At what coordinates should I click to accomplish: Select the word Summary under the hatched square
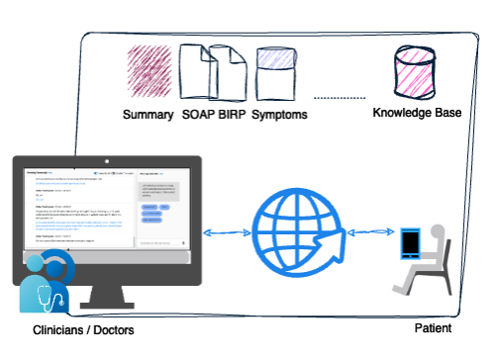(147, 115)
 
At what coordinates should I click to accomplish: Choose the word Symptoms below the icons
(279, 115)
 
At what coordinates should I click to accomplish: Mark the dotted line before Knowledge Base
(339, 100)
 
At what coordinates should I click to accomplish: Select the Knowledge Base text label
(417, 113)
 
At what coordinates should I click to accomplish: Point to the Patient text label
(432, 328)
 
